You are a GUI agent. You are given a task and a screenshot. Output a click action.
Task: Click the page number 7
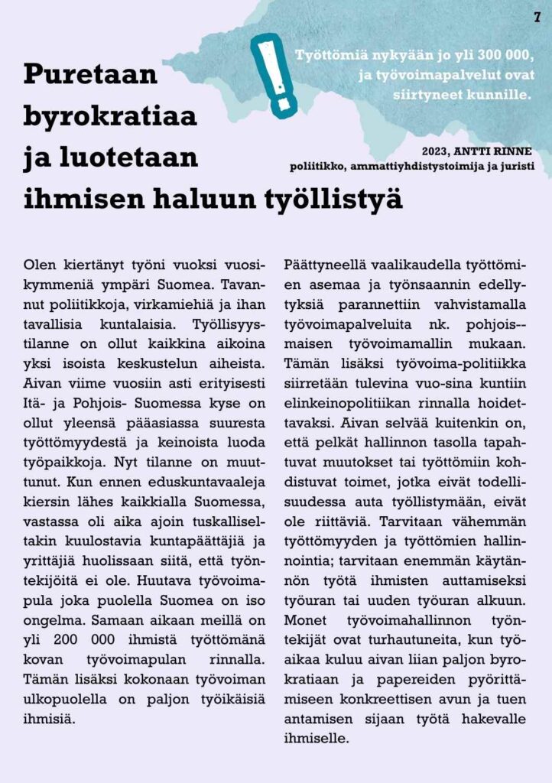(537, 17)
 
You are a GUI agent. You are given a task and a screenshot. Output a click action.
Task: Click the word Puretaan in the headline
(90, 74)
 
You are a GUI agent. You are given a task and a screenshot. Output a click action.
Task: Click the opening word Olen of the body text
(40, 265)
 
